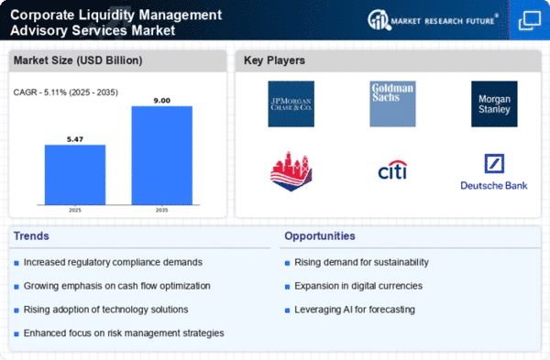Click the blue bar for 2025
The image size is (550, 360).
click(75, 175)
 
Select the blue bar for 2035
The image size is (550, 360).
click(161, 156)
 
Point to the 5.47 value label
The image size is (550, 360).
click(75, 139)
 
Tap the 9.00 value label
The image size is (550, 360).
click(161, 101)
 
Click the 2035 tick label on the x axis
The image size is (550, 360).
click(161, 210)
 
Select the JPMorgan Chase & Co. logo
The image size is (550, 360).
click(291, 104)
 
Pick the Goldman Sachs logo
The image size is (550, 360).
click(392, 104)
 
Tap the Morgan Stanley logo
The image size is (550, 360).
click(494, 104)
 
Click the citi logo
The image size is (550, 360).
click(392, 170)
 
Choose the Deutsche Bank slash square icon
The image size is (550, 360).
click(494, 163)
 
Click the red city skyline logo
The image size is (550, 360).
click(291, 171)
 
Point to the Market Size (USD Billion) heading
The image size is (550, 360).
click(78, 60)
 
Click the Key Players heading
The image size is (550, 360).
click(274, 60)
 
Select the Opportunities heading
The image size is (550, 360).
click(320, 236)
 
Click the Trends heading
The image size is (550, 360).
click(31, 236)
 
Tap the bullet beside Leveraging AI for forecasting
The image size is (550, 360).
click(287, 311)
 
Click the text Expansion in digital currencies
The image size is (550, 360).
click(358, 286)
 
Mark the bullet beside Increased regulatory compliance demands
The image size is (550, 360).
click(16, 263)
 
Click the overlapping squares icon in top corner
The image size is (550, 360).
click(530, 21)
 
